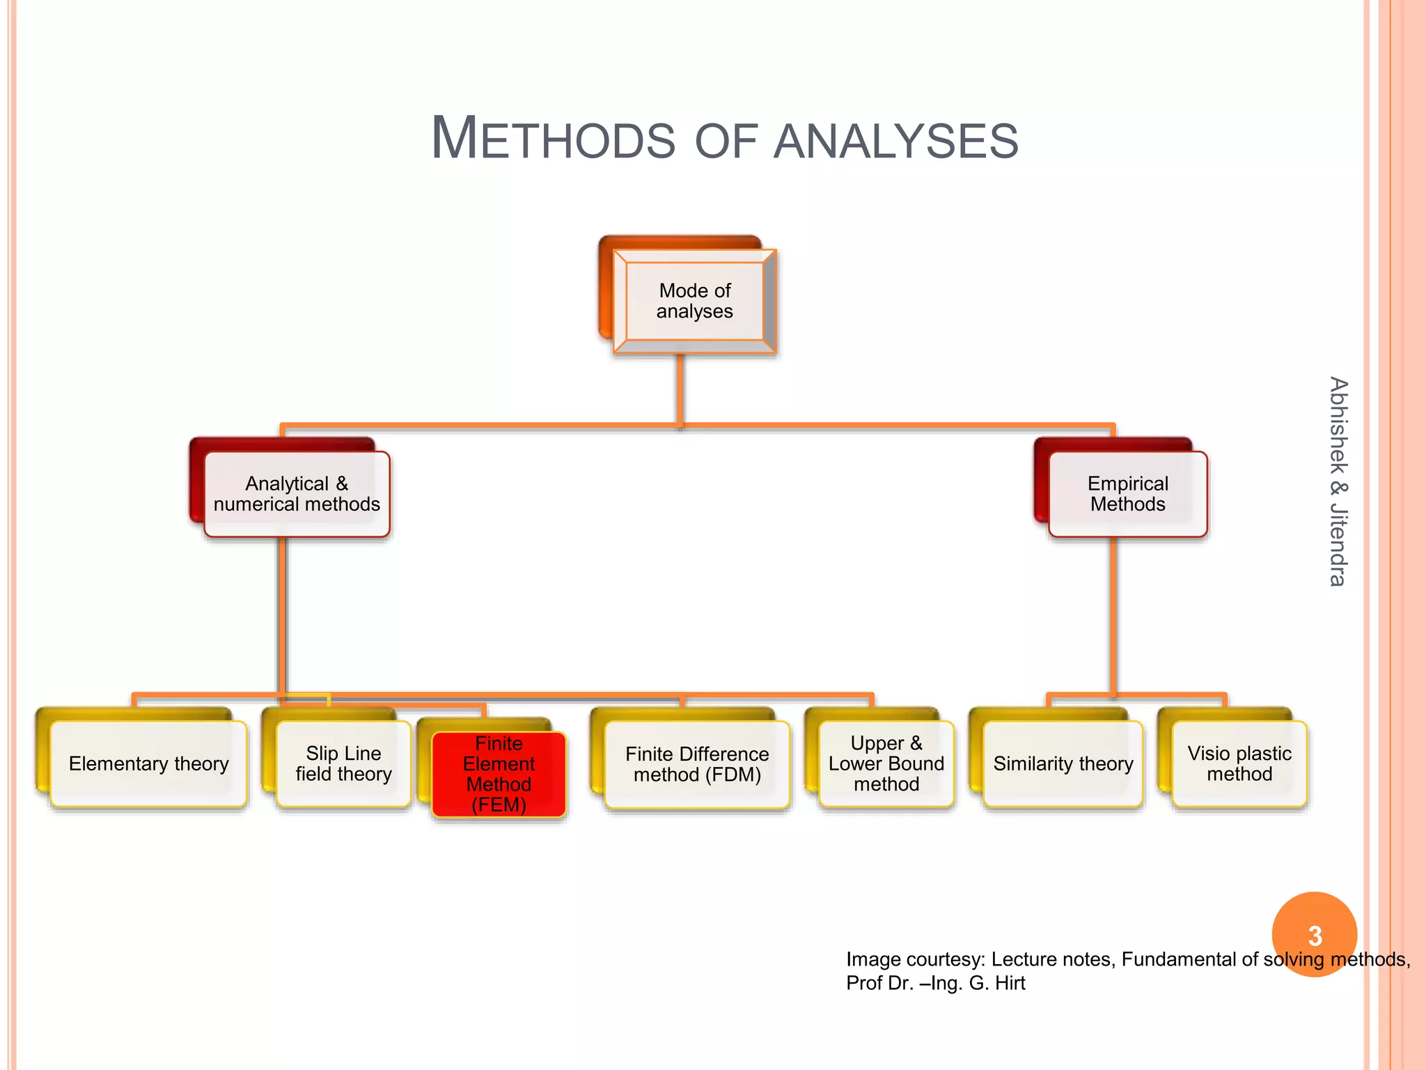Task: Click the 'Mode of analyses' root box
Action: pos(694,301)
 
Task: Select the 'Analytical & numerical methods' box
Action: pos(297,494)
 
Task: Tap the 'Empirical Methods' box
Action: pos(1127,494)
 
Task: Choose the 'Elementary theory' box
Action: pos(148,764)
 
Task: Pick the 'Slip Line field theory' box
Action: pos(343,764)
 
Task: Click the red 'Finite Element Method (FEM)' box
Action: pos(499,774)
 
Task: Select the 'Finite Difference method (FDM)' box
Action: pos(697,764)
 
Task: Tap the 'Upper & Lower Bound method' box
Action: pos(886,764)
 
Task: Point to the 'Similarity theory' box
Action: pos(1063,764)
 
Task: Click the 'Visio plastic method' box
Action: pos(1239,764)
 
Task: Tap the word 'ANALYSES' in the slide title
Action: pos(895,141)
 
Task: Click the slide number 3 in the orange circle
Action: pos(1315,936)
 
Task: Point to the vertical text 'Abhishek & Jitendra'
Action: pos(1338,481)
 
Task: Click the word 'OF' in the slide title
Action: pos(726,141)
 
